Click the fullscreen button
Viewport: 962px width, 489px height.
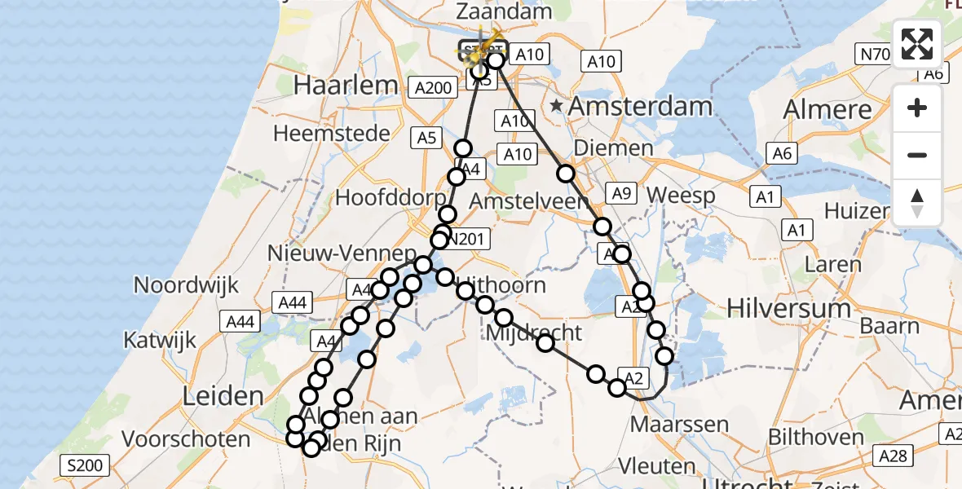(917, 44)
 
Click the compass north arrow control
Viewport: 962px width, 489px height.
(917, 203)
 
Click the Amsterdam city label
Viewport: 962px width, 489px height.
(640, 107)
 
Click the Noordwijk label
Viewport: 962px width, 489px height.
(187, 285)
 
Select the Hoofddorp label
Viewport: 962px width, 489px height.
(391, 198)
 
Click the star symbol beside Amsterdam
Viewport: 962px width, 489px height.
(557, 106)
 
